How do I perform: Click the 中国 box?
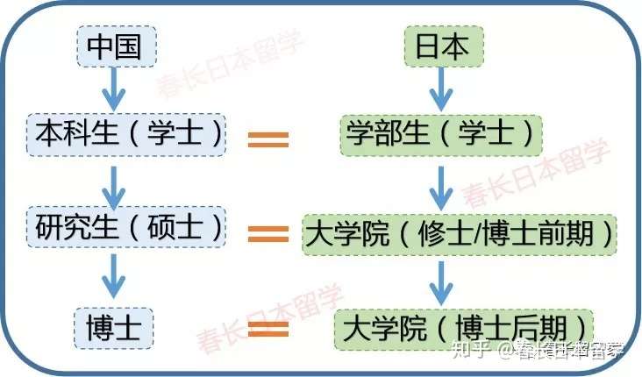(x=115, y=46)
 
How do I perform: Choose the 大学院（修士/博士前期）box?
(x=459, y=233)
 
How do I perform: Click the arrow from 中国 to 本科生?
(x=114, y=89)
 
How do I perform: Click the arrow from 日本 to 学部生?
(x=443, y=89)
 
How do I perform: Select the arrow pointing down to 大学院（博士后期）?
(x=443, y=281)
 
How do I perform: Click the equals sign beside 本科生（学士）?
(x=268, y=139)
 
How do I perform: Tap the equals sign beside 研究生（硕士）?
(x=268, y=233)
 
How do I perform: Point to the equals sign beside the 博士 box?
(x=268, y=330)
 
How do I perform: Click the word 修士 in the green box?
(x=445, y=233)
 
